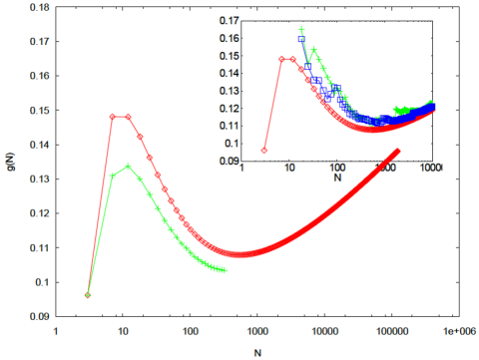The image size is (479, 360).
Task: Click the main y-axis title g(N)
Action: tap(11, 163)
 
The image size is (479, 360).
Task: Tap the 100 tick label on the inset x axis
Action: tap(337, 169)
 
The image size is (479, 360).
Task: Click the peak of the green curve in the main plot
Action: tap(128, 166)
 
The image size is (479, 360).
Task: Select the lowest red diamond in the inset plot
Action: tap(263, 150)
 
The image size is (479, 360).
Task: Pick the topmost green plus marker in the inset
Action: tap(301, 30)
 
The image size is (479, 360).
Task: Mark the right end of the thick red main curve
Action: tap(398, 151)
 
